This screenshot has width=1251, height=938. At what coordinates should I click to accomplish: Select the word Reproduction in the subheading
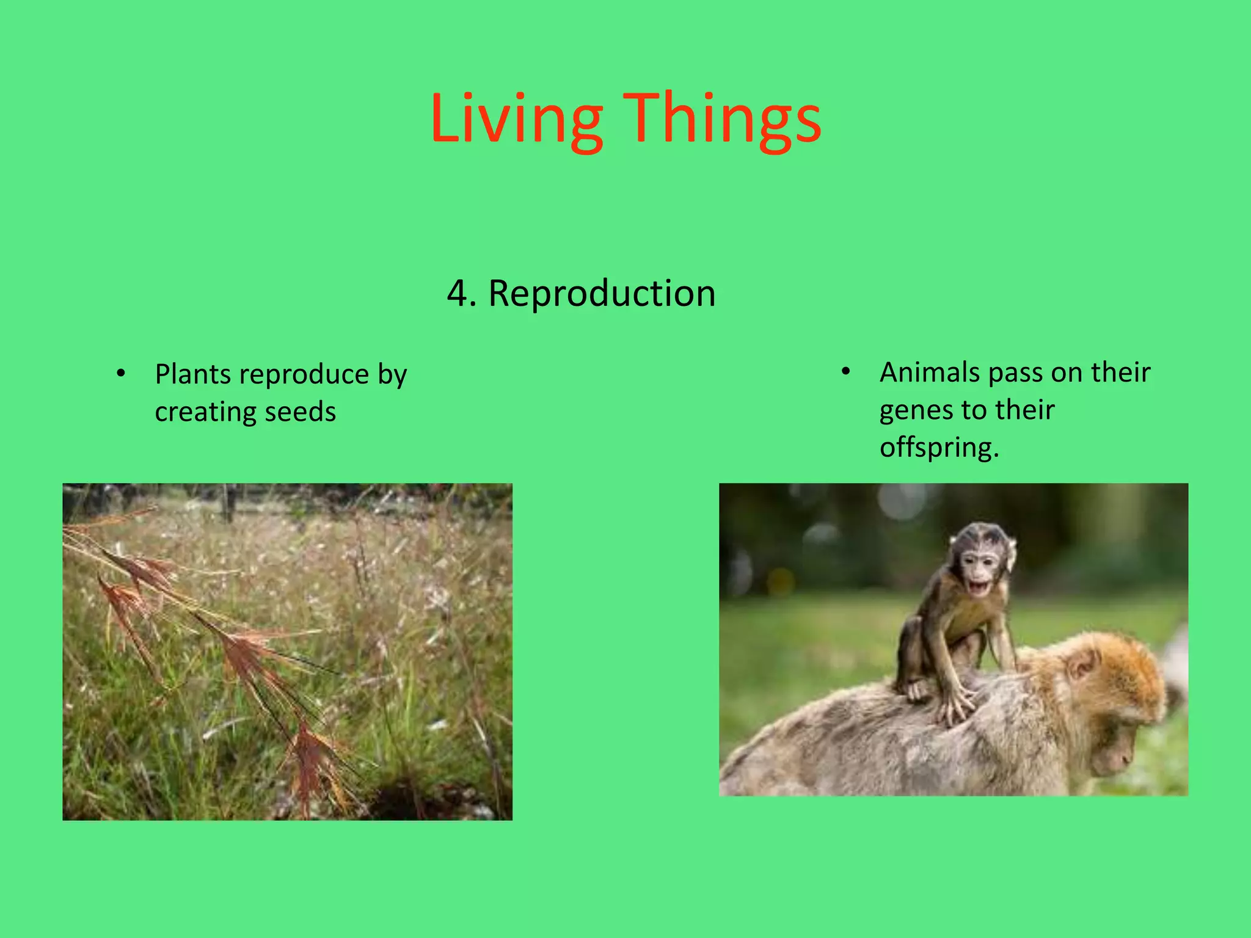coord(602,294)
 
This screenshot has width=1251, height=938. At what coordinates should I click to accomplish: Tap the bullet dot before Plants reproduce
coord(121,373)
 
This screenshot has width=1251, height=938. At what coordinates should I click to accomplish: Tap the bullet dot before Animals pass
coord(845,371)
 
